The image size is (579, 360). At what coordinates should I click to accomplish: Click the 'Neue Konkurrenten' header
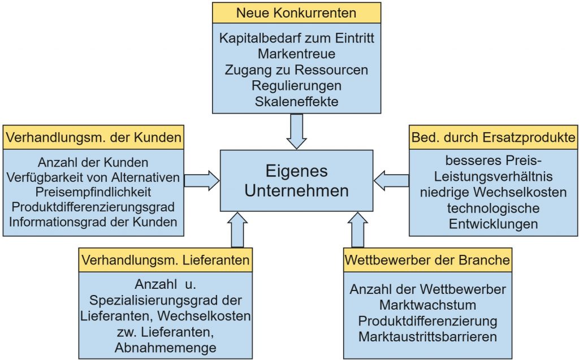pos(296,12)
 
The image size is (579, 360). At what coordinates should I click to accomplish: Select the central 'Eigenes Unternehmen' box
pos(296,181)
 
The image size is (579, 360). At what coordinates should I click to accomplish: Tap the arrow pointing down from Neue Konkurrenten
pos(296,131)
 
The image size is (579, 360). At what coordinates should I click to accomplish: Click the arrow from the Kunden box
pos(201,180)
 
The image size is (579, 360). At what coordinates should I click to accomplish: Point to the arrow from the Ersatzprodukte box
pos(391,180)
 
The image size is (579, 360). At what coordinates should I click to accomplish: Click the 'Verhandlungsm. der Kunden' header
pos(93,137)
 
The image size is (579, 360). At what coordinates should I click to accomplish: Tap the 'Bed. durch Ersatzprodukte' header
pos(494,137)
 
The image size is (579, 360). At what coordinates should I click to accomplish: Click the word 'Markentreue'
pos(296,54)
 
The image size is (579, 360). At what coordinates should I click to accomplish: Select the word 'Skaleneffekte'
pos(296,102)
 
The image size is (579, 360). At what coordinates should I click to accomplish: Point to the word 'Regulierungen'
pos(296,86)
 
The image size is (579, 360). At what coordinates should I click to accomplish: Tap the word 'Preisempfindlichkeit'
pos(93,192)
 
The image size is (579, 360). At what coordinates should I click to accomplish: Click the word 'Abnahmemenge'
pos(165,348)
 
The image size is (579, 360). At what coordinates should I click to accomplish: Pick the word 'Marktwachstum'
pos(427,305)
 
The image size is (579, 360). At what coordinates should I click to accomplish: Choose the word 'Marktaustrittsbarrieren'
pos(427,337)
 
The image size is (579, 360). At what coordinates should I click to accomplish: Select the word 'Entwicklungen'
pos(494,223)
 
